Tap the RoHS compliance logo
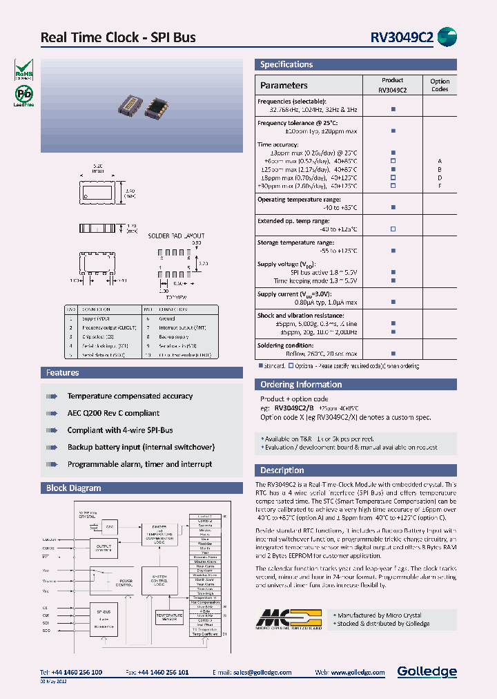click(x=23, y=69)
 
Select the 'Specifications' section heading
click(x=286, y=65)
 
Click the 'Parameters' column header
click(x=284, y=86)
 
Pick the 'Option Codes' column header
click(x=440, y=85)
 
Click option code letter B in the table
click(x=440, y=169)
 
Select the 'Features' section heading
click(x=63, y=373)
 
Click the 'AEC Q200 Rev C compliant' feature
click(x=113, y=413)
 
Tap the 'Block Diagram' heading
click(x=73, y=488)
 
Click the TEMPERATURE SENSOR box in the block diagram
click(x=169, y=617)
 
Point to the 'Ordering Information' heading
click(x=301, y=385)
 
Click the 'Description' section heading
click(x=282, y=470)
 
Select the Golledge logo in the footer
click(x=427, y=671)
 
